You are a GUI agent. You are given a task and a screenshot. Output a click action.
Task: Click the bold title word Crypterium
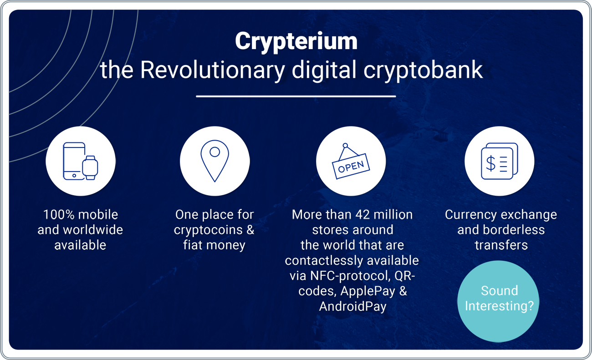point(296,41)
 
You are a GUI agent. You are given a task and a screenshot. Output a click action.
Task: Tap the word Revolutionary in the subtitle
point(212,70)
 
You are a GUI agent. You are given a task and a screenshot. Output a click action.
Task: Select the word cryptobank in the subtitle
point(423,70)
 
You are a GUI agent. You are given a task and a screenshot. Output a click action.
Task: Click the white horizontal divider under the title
point(296,96)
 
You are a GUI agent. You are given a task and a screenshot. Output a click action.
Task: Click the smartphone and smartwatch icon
point(80,161)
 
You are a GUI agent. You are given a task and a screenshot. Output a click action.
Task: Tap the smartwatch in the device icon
point(90,168)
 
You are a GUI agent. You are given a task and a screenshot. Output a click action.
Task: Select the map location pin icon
point(214,161)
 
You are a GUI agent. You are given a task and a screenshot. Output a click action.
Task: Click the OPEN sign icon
point(351,162)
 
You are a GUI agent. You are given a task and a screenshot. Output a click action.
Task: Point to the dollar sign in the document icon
point(491,163)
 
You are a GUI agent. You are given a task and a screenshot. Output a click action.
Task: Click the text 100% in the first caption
point(59,214)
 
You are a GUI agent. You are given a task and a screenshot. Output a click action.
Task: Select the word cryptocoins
point(208,230)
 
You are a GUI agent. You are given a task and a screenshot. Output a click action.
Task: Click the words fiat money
point(214,245)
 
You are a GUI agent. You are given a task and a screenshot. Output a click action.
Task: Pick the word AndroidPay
point(352,307)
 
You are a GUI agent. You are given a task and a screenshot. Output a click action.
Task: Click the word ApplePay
point(367,291)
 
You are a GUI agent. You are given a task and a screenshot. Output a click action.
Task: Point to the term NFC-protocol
point(350,276)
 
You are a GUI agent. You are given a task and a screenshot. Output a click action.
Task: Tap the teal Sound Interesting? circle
point(498,301)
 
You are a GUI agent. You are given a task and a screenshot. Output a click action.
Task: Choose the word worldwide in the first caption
point(93,230)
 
